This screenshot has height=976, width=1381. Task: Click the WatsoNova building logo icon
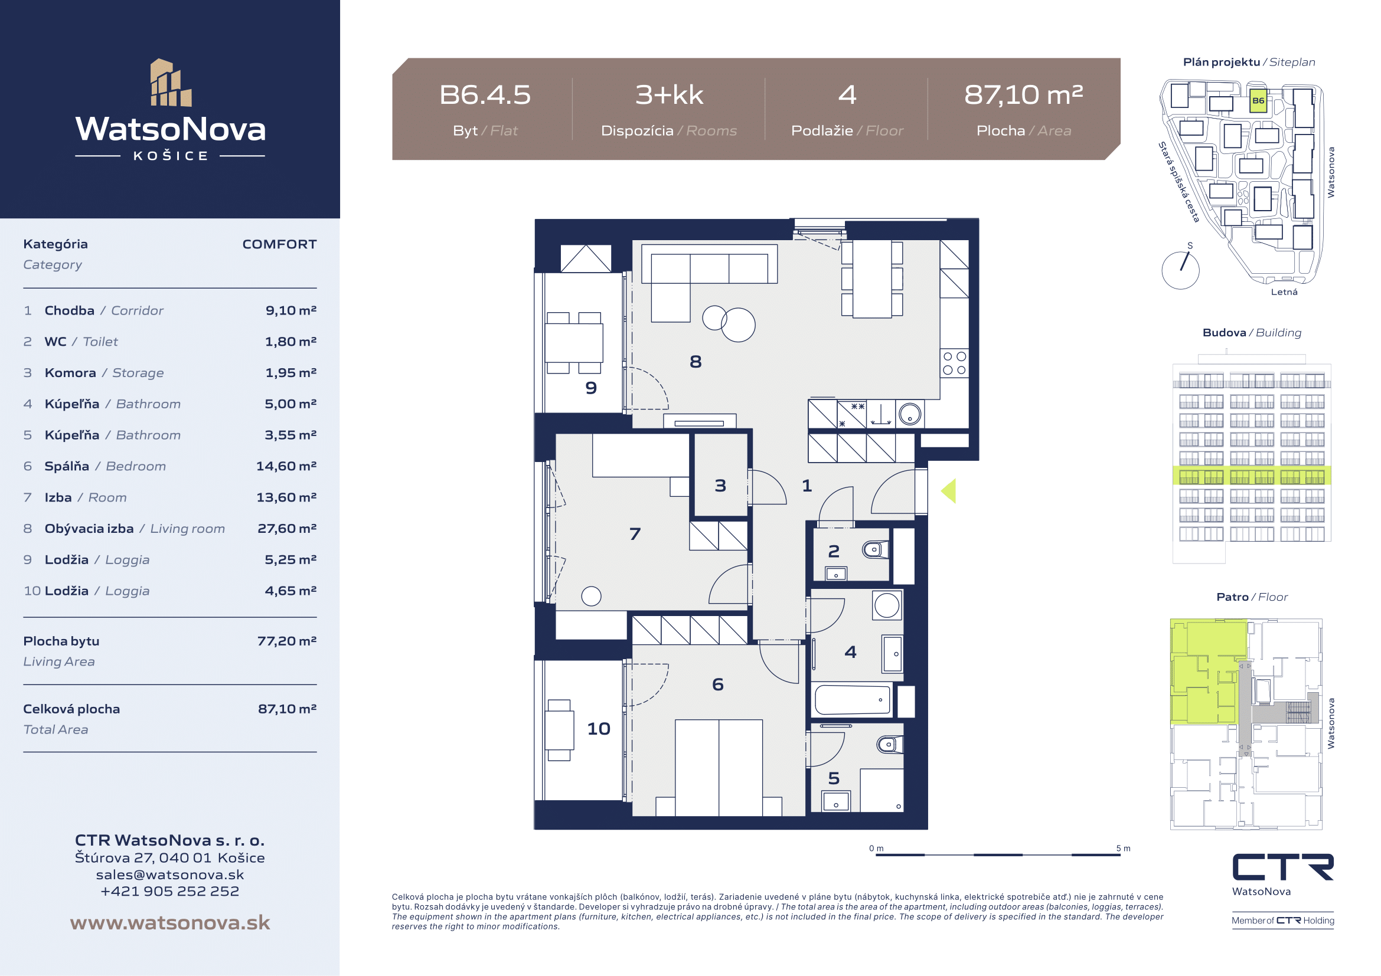tap(171, 83)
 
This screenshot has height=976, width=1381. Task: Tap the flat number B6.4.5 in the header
tap(485, 95)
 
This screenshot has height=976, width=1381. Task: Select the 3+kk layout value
tap(669, 95)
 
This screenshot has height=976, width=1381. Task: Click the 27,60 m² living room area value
tap(287, 528)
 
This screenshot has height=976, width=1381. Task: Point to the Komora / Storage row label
tap(104, 372)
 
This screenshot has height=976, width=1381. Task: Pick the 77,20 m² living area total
tap(287, 641)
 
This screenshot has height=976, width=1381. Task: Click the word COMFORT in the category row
tap(279, 244)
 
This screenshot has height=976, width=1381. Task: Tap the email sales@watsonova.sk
tap(170, 875)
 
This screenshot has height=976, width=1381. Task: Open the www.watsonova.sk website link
tap(170, 922)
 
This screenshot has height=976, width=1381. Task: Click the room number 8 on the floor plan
tap(696, 361)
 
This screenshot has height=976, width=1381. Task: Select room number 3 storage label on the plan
tap(720, 485)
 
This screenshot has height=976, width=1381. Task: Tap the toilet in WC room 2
tap(876, 549)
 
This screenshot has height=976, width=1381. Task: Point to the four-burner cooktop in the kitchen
tap(954, 363)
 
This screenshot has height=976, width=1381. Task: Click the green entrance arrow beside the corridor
tap(949, 491)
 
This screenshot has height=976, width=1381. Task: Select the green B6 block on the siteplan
tap(1258, 100)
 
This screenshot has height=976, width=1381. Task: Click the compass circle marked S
tap(1180, 270)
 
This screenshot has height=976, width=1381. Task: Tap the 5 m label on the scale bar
tap(1123, 849)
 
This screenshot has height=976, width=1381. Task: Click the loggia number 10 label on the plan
tap(599, 728)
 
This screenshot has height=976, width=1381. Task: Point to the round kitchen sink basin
tap(910, 414)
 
